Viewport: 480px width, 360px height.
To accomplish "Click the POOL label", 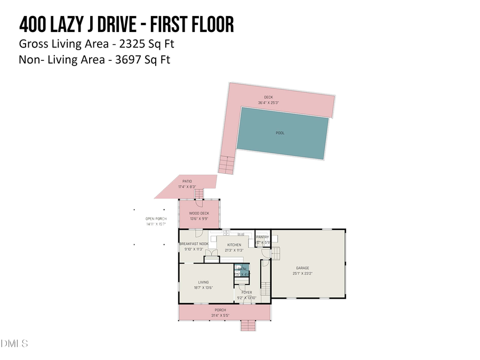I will pos(280,133).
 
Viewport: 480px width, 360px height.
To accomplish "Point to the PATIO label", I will pos(187,182).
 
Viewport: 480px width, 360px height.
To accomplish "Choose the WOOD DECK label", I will pos(198,213).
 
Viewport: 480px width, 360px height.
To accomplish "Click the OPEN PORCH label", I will pos(156,219).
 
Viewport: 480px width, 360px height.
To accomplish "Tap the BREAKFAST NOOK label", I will pos(194,244).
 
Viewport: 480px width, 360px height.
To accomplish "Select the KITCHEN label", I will pos(234,245).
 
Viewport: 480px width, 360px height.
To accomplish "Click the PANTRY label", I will pos(262,237).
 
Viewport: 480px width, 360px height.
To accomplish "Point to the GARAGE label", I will pos(302,268).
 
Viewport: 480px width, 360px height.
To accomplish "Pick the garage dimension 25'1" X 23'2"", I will pos(302,273).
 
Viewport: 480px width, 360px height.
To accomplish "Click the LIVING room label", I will pos(204,282).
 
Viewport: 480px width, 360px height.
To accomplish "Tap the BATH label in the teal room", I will pos(242,269).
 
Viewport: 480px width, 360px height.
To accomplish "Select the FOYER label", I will pos(246,292).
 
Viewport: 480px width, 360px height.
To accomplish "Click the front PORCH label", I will pos(220,310).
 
